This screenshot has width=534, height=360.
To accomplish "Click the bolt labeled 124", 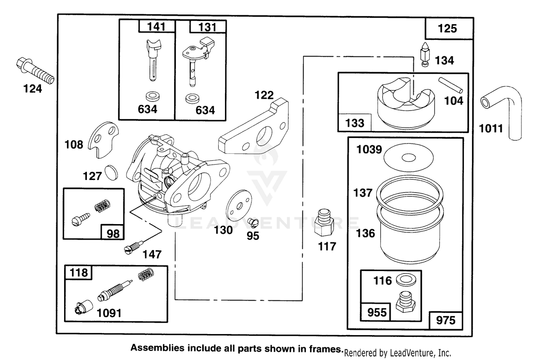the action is tap(35, 70).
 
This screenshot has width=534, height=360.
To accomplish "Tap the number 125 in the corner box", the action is tap(447, 28).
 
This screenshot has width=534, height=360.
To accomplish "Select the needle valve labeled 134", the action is tap(425, 54).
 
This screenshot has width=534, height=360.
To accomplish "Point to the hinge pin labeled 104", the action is tap(451, 85).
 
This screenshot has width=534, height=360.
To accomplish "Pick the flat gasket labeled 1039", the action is tap(409, 158).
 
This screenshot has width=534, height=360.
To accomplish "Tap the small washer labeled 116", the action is tap(406, 280).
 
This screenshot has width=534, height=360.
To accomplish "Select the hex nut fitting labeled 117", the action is tap(324, 223).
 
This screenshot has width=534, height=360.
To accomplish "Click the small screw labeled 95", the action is tap(253, 223).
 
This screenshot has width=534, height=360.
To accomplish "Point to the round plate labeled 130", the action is tap(239, 205).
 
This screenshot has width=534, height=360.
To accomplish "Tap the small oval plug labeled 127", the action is tap(111, 173).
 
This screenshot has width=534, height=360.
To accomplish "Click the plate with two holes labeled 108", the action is tap(103, 139).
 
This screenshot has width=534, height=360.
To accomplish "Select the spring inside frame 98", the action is tap(103, 205).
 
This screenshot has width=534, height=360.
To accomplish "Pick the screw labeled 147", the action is tap(133, 248).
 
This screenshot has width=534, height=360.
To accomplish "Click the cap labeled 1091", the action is tap(84, 307).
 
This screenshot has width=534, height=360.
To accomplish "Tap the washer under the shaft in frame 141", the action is tap(152, 96).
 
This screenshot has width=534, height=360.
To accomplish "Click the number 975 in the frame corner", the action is tap(446, 321).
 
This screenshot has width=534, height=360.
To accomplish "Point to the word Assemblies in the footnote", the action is tap(157, 348).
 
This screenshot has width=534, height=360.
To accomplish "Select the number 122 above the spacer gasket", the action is tap(264, 95).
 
